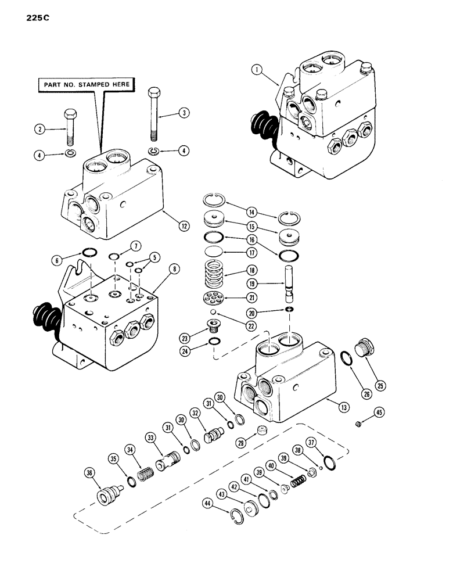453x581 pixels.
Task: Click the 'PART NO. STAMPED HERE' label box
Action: [86, 84]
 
